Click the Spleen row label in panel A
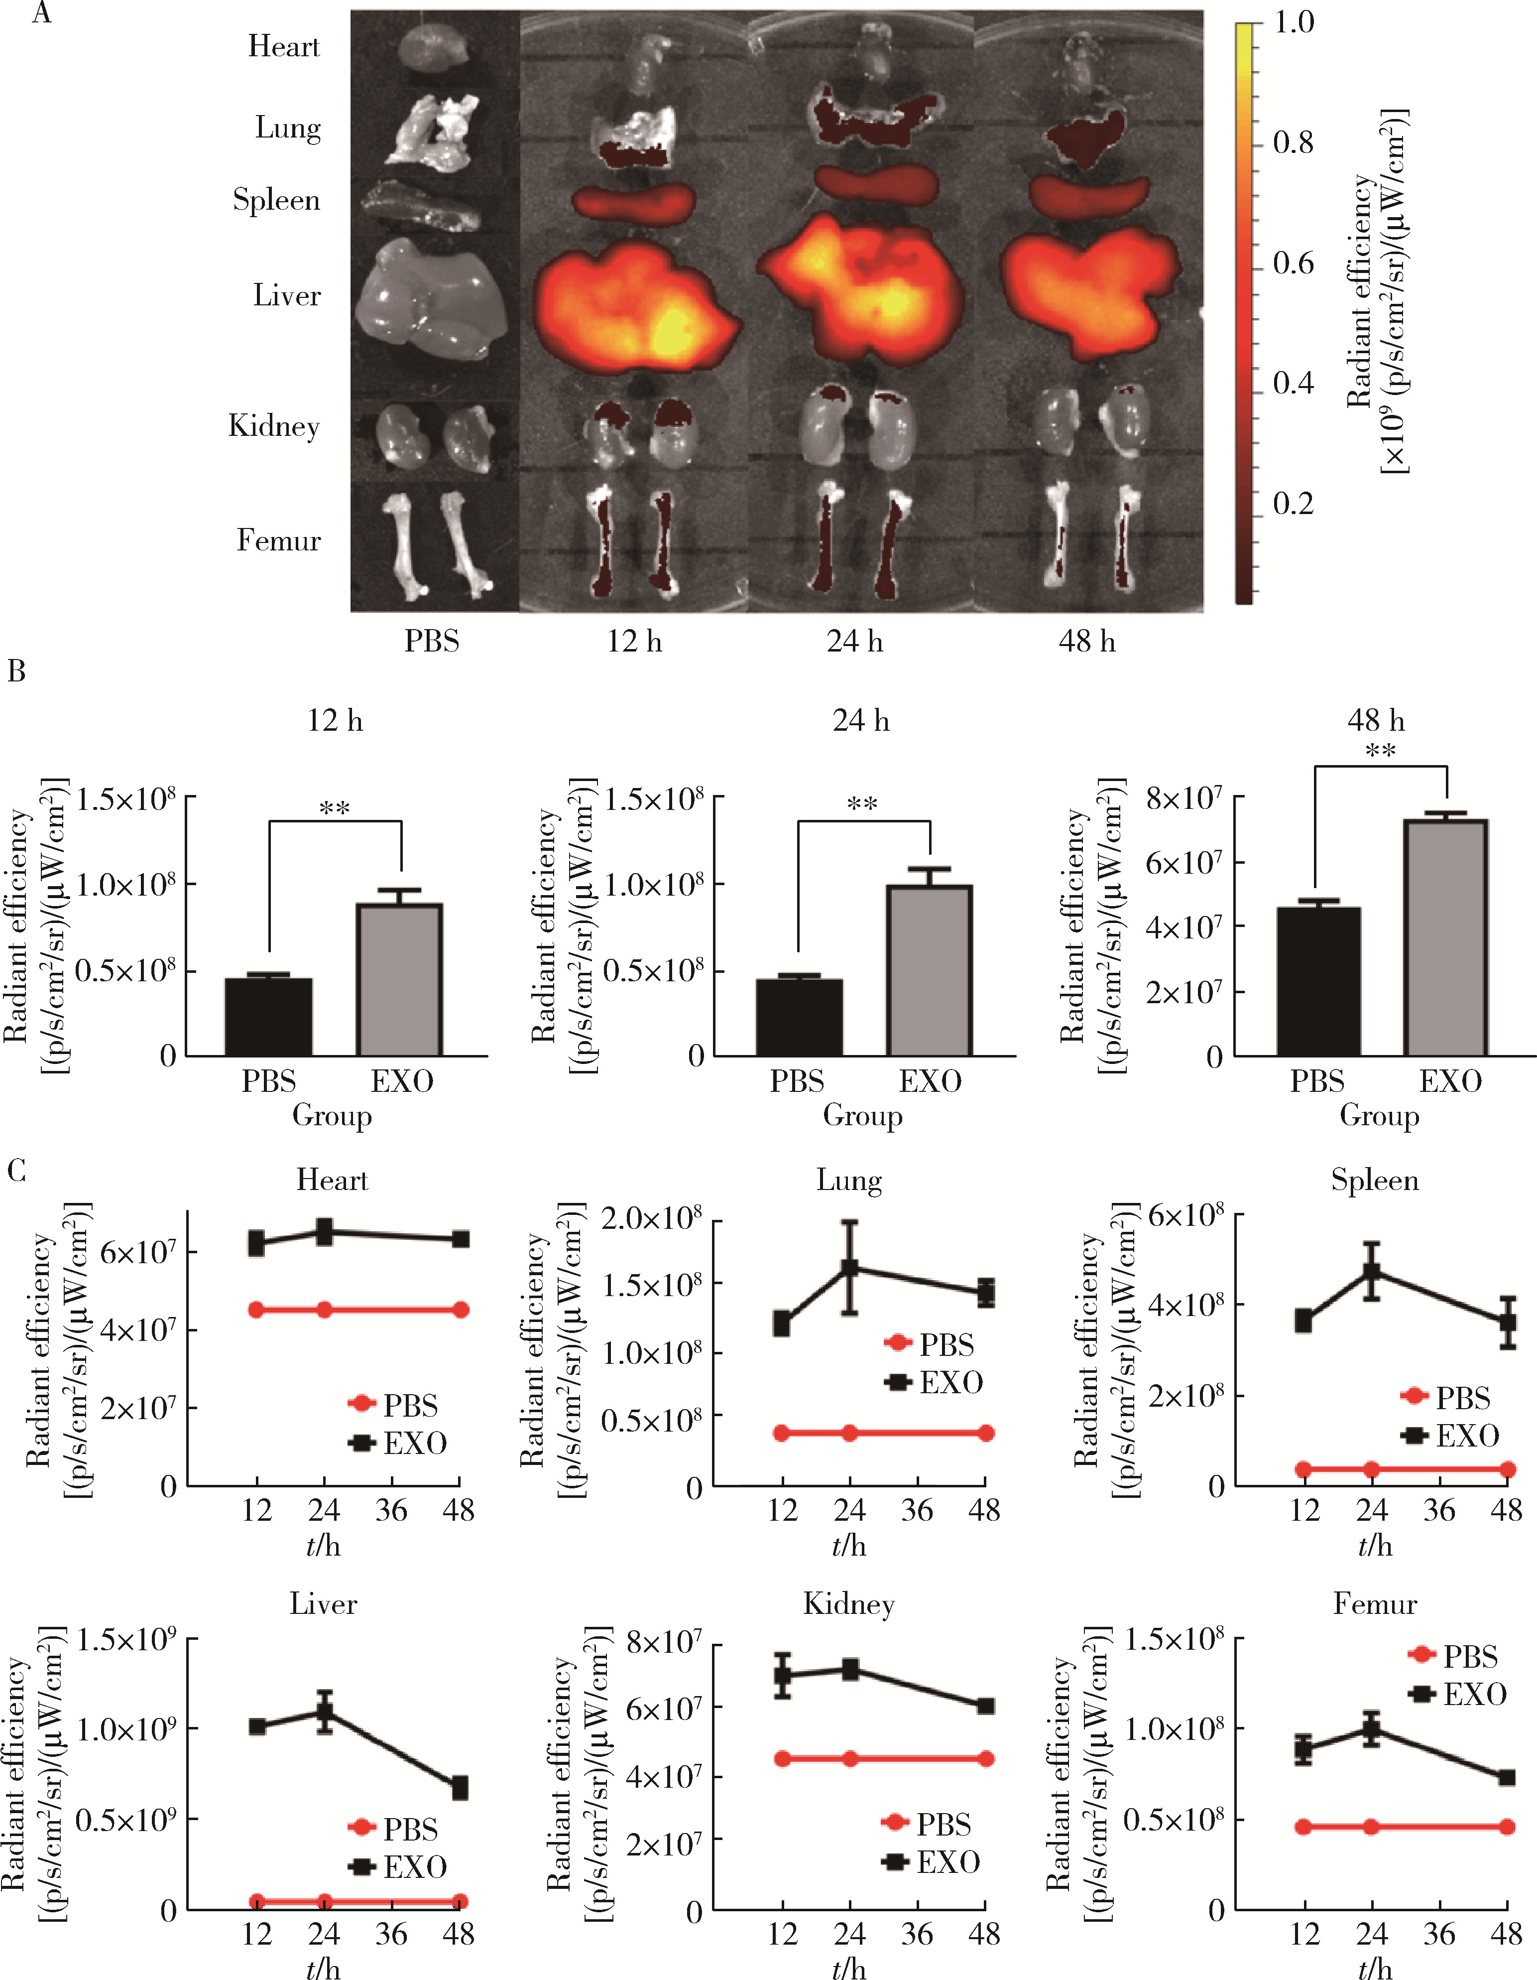[x=276, y=199]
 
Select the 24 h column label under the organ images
[x=854, y=642]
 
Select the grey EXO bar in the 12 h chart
[x=400, y=979]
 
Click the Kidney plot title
[x=849, y=1604]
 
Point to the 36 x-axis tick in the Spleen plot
[x=1439, y=1510]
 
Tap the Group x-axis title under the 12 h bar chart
[x=332, y=1115]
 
